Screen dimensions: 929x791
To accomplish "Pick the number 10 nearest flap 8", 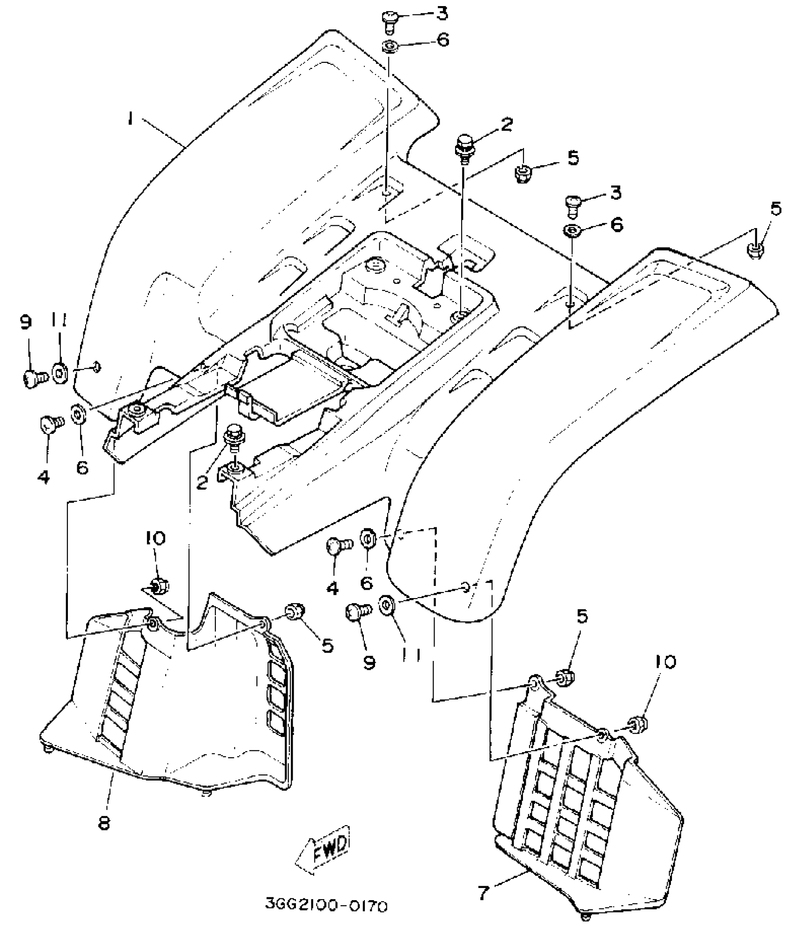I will click(155, 539).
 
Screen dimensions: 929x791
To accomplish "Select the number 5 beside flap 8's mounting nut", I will click(328, 646).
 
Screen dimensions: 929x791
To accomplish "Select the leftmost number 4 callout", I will click(43, 476).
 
